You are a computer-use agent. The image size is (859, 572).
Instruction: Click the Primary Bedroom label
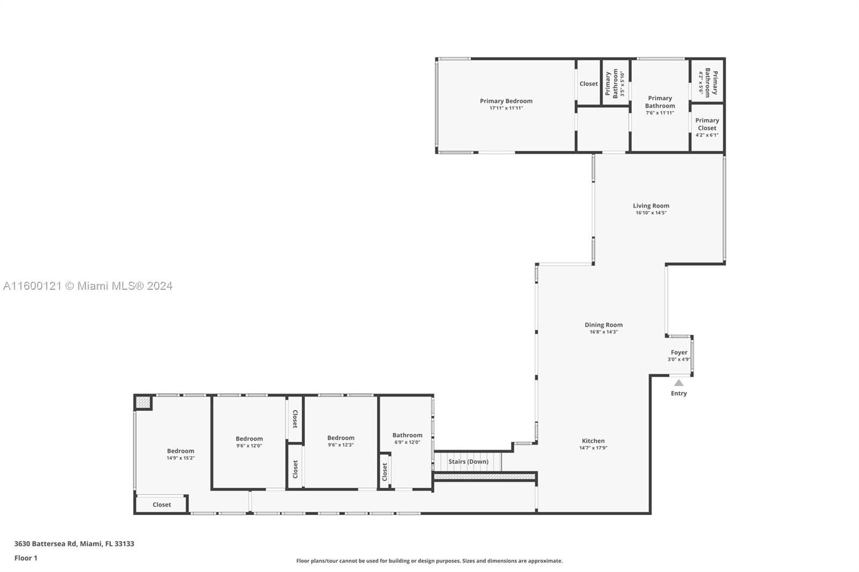(506, 101)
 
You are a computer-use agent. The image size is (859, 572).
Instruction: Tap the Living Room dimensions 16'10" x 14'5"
(651, 213)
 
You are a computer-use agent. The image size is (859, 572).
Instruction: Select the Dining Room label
(603, 325)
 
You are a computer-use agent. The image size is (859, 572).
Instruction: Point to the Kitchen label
(593, 441)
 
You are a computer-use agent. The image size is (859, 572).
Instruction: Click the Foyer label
(679, 353)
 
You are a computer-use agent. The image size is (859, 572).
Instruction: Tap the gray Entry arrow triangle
(679, 383)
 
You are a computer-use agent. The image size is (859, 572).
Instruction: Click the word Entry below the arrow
(679, 393)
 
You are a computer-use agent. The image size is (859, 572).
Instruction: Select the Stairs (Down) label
(468, 461)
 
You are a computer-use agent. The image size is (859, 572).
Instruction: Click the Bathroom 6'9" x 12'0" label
(407, 435)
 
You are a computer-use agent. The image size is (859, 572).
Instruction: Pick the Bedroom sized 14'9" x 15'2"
(180, 451)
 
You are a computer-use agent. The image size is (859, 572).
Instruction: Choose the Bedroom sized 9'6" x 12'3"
(340, 438)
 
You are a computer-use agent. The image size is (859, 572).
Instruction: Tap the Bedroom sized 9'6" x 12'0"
(249, 439)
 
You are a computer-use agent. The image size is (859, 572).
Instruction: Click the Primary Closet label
(707, 124)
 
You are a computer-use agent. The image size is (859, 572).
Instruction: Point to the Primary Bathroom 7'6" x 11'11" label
(660, 102)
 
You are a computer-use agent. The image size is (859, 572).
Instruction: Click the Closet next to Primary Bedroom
(588, 84)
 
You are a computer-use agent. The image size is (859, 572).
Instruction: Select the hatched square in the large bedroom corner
(143, 402)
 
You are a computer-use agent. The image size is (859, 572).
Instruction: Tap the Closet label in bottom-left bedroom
(162, 504)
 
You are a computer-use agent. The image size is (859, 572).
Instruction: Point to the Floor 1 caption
(26, 558)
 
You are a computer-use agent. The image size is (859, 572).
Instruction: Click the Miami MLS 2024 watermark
(88, 286)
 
